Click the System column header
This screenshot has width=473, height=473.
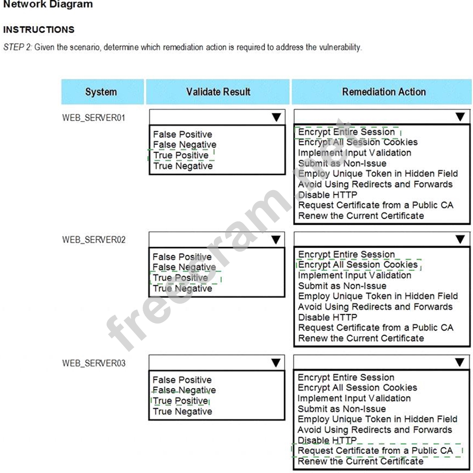pyautogui.click(x=101, y=92)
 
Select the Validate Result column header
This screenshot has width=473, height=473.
pyautogui.click(x=218, y=92)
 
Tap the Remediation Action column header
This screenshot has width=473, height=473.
pyautogui.click(x=383, y=92)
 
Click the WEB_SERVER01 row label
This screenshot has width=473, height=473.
pyautogui.click(x=93, y=118)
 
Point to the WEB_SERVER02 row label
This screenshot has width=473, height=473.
pyautogui.click(x=93, y=240)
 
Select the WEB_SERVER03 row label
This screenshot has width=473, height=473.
pyautogui.click(x=93, y=363)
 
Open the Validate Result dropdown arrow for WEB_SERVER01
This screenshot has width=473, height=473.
pyautogui.click(x=276, y=117)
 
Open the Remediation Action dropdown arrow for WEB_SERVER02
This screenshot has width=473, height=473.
pyautogui.click(x=460, y=239)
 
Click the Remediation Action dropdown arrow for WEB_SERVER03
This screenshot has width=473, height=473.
pyautogui.click(x=460, y=362)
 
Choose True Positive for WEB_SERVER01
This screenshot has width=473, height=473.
pyautogui.click(x=181, y=155)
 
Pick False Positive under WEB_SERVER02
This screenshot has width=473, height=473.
pyautogui.click(x=182, y=257)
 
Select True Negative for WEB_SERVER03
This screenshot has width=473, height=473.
pyautogui.click(x=182, y=412)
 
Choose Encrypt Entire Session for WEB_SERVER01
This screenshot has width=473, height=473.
pyautogui.click(x=346, y=132)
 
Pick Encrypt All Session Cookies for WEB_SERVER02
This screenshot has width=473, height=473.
pyautogui.click(x=357, y=265)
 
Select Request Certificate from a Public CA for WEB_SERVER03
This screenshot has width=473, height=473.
pyautogui.click(x=375, y=451)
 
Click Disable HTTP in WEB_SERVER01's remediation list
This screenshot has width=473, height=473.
pyautogui.click(x=327, y=195)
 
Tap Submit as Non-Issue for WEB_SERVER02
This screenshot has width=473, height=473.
pyautogui.click(x=342, y=286)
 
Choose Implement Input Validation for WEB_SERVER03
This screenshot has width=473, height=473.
pyautogui.click(x=354, y=398)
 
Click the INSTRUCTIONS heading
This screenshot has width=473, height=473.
pyautogui.click(x=38, y=30)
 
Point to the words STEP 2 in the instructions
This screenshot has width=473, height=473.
pyautogui.click(x=17, y=48)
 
